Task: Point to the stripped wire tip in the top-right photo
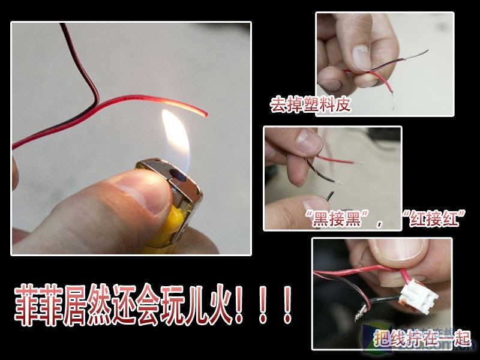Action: [x=393, y=106]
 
